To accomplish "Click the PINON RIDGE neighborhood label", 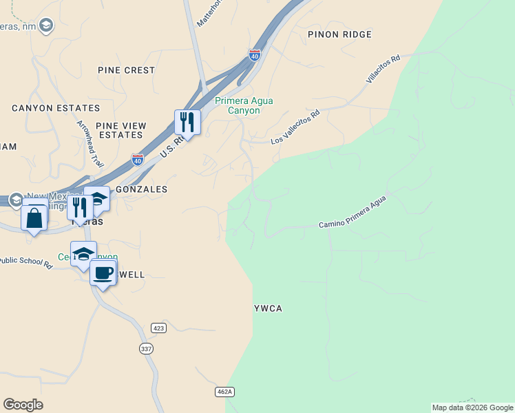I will click(339, 34).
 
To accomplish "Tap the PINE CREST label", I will click(126, 70).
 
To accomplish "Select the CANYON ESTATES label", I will click(56, 108).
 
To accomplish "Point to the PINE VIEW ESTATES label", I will click(121, 130).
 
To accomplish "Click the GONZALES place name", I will click(141, 189).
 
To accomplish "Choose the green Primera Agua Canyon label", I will click(244, 105).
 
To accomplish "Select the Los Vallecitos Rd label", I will click(296, 129).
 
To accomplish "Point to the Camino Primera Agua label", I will click(352, 212).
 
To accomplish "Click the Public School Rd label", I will click(26, 262).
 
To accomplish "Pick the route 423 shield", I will click(159, 328).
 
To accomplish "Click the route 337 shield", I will click(145, 349).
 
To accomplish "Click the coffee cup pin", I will click(103, 273).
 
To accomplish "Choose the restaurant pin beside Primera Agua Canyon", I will click(187, 122).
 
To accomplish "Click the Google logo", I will click(23, 405).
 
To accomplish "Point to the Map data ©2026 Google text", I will click(472, 407).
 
